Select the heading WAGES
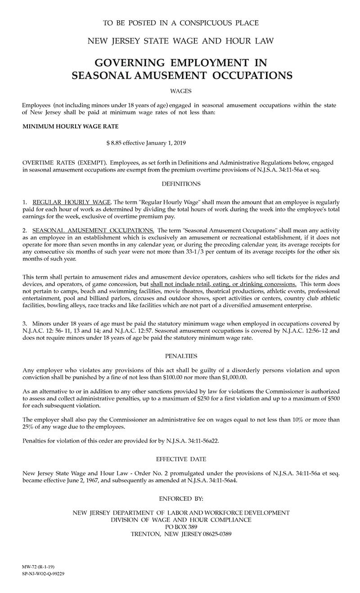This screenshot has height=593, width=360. [x=181, y=91]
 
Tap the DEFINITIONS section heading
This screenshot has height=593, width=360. [x=180, y=184]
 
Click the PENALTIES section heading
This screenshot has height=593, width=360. [x=181, y=356]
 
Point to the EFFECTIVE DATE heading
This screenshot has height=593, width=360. [x=181, y=459]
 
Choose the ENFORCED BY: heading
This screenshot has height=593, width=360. [x=181, y=499]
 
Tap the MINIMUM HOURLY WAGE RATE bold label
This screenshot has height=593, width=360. [x=71, y=127]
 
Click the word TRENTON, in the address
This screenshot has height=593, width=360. [x=145, y=534]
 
